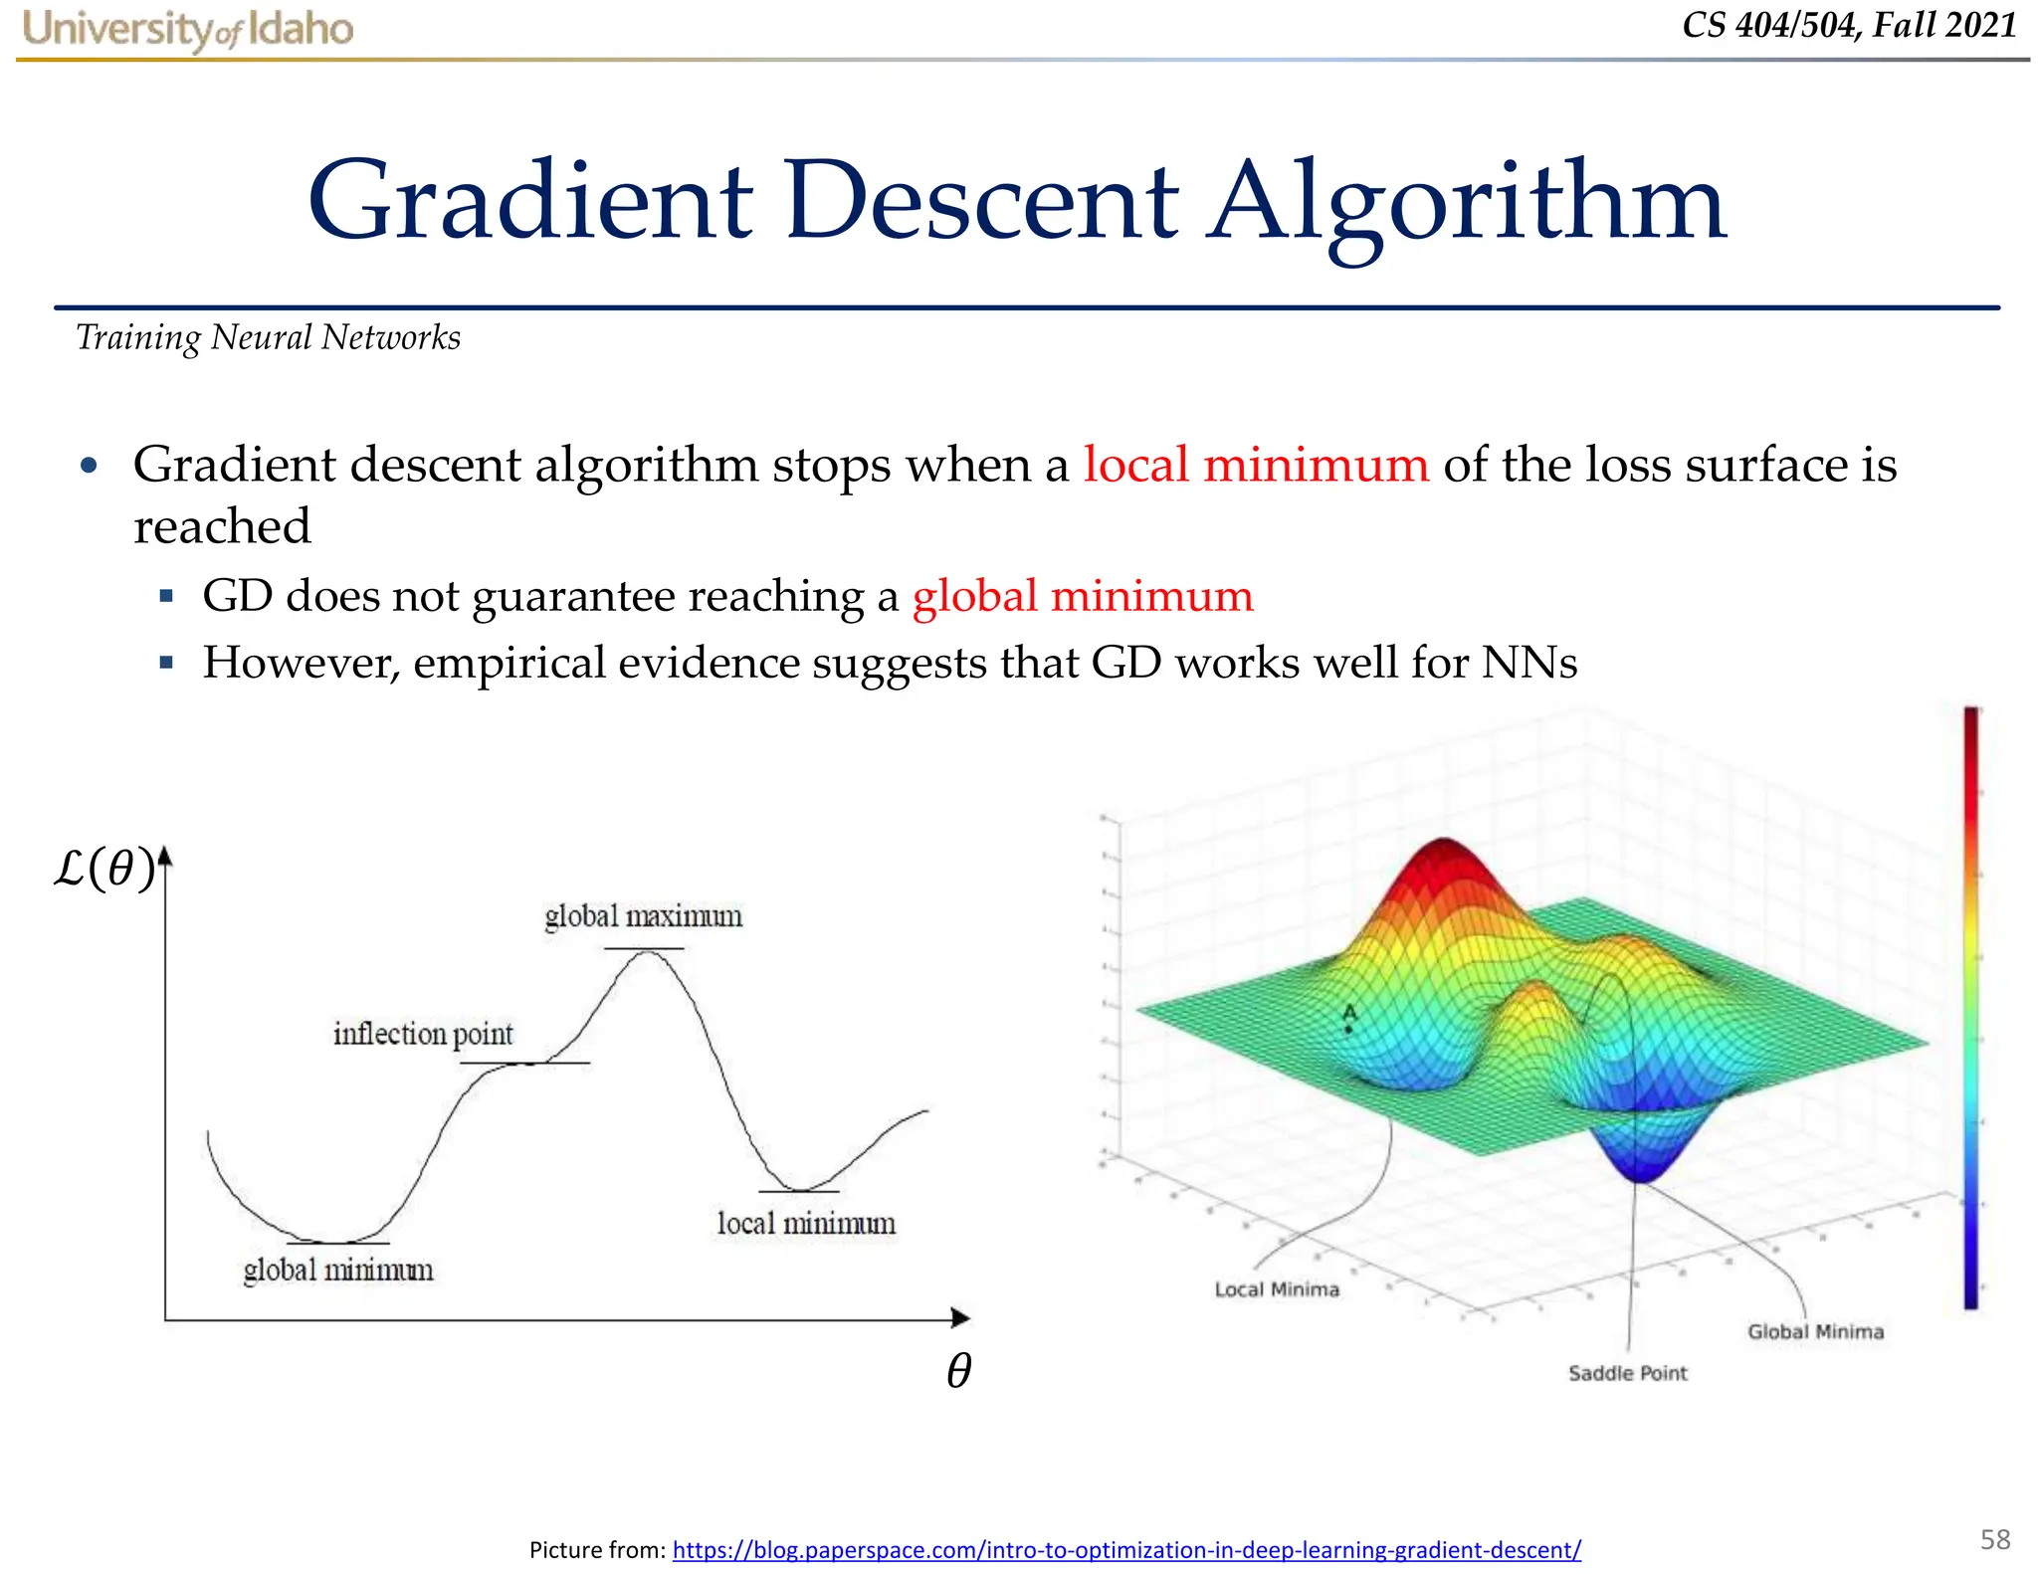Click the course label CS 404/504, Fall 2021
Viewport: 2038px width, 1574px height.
click(1849, 25)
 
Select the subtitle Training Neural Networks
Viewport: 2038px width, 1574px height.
click(268, 338)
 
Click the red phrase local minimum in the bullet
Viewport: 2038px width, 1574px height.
click(1255, 465)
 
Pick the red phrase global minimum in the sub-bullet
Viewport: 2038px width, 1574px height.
click(1082, 596)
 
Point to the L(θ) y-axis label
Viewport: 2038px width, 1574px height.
click(104, 869)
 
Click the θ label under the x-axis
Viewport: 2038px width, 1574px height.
click(958, 1370)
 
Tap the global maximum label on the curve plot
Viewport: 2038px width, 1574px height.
click(643, 916)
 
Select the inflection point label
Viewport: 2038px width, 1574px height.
click(423, 1035)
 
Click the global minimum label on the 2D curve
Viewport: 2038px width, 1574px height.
click(338, 1271)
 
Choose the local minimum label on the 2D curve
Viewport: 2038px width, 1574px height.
click(806, 1224)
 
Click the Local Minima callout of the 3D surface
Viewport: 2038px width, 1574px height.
click(1277, 1289)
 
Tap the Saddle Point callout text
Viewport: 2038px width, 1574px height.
click(1627, 1373)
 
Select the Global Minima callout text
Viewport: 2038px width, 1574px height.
click(1815, 1331)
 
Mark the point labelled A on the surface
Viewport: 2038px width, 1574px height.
click(1348, 1028)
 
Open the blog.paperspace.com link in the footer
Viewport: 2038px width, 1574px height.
click(1125, 1549)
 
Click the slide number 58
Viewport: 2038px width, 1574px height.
click(1994, 1539)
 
